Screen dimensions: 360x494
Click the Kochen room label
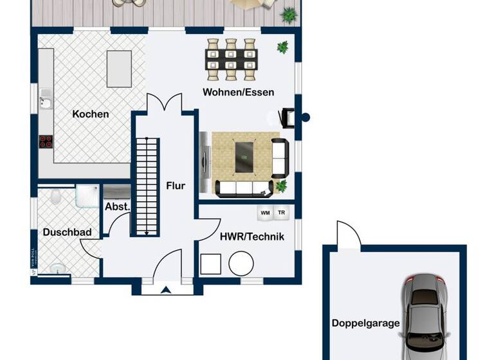[91, 114]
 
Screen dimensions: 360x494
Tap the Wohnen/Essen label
[238, 92]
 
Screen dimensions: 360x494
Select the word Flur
[176, 186]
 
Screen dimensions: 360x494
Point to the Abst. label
[117, 207]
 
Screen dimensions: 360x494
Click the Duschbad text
[67, 232]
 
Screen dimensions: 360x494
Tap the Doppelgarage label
[365, 323]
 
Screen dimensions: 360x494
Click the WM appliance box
[264, 212]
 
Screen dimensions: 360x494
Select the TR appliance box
[281, 212]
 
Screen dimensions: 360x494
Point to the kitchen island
[119, 68]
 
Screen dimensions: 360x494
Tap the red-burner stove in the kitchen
[46, 141]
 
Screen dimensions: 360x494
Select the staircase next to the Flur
[147, 186]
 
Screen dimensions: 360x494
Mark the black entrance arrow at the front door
[166, 289]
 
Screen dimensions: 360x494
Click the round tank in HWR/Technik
[242, 263]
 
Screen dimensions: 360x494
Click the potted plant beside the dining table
[282, 46]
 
